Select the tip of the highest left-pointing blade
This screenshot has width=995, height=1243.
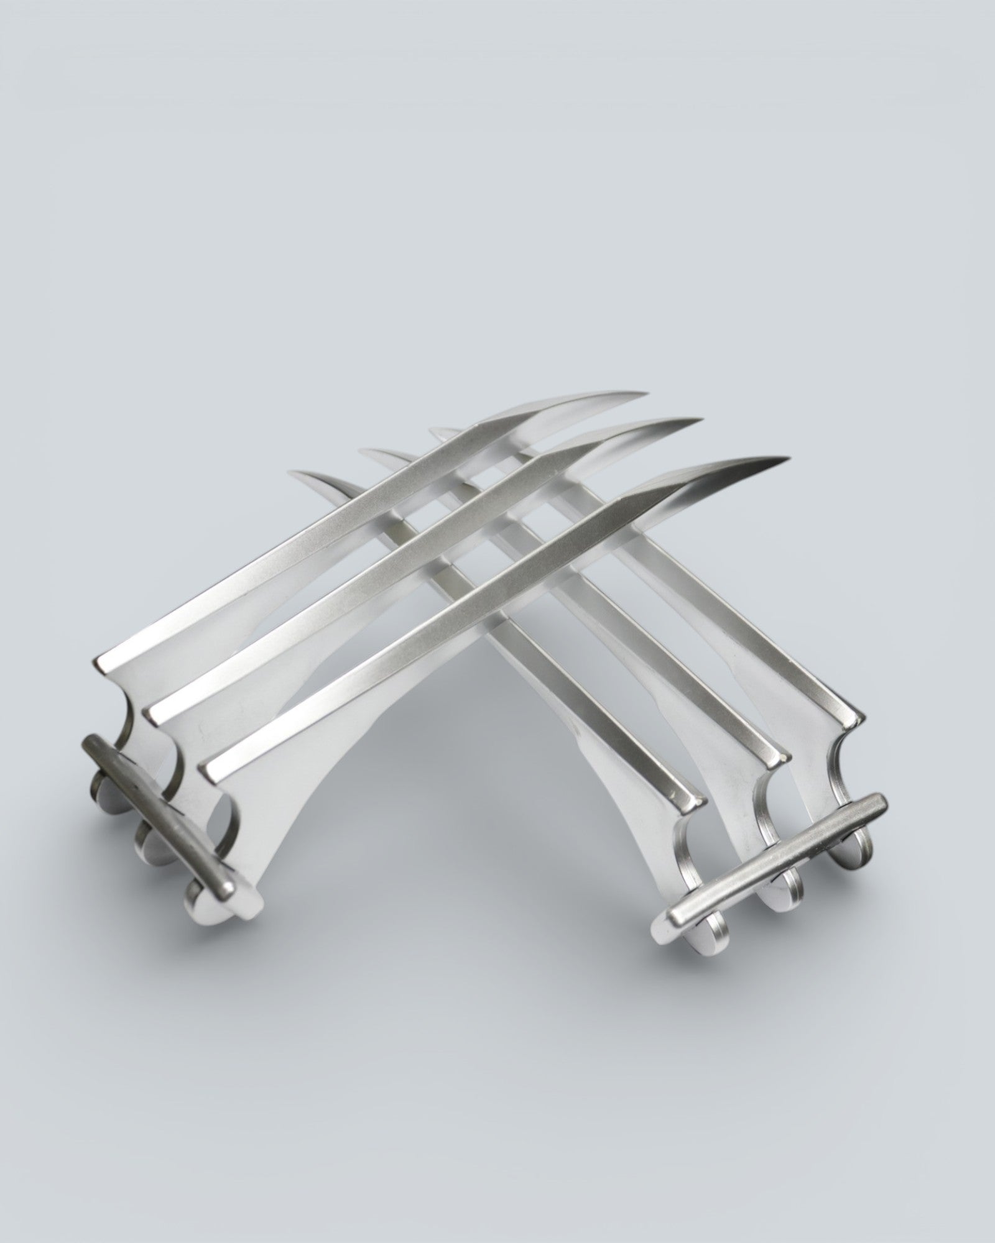point(430,429)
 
